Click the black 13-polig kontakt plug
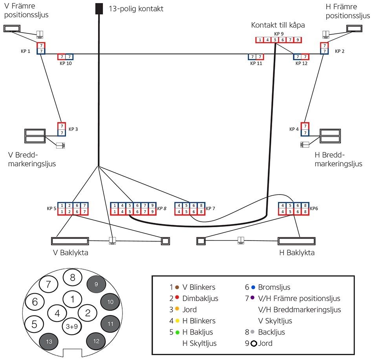99,8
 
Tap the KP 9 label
279,34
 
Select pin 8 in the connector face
72,277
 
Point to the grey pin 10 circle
110,302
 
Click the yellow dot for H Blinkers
177,321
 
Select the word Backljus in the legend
272,332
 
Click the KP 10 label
66,63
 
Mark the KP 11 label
256,63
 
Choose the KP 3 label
74,129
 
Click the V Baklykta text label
71,252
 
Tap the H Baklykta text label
297,252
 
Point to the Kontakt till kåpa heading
278,25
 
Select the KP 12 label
302,63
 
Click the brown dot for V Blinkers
177,287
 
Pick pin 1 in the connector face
72,299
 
